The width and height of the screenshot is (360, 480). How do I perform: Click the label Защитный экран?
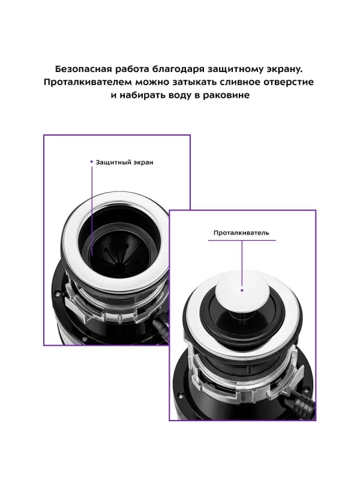tap(124, 162)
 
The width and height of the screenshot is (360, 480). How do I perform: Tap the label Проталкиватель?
tap(241, 233)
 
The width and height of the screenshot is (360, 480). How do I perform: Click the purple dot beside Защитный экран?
tap(92, 161)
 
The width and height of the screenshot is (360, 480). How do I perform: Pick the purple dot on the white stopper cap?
tap(242, 290)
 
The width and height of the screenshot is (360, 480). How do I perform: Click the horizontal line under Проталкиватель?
tap(242, 241)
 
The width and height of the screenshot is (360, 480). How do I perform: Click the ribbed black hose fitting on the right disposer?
tap(298, 404)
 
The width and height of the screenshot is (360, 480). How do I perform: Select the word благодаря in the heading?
tap(173, 70)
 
